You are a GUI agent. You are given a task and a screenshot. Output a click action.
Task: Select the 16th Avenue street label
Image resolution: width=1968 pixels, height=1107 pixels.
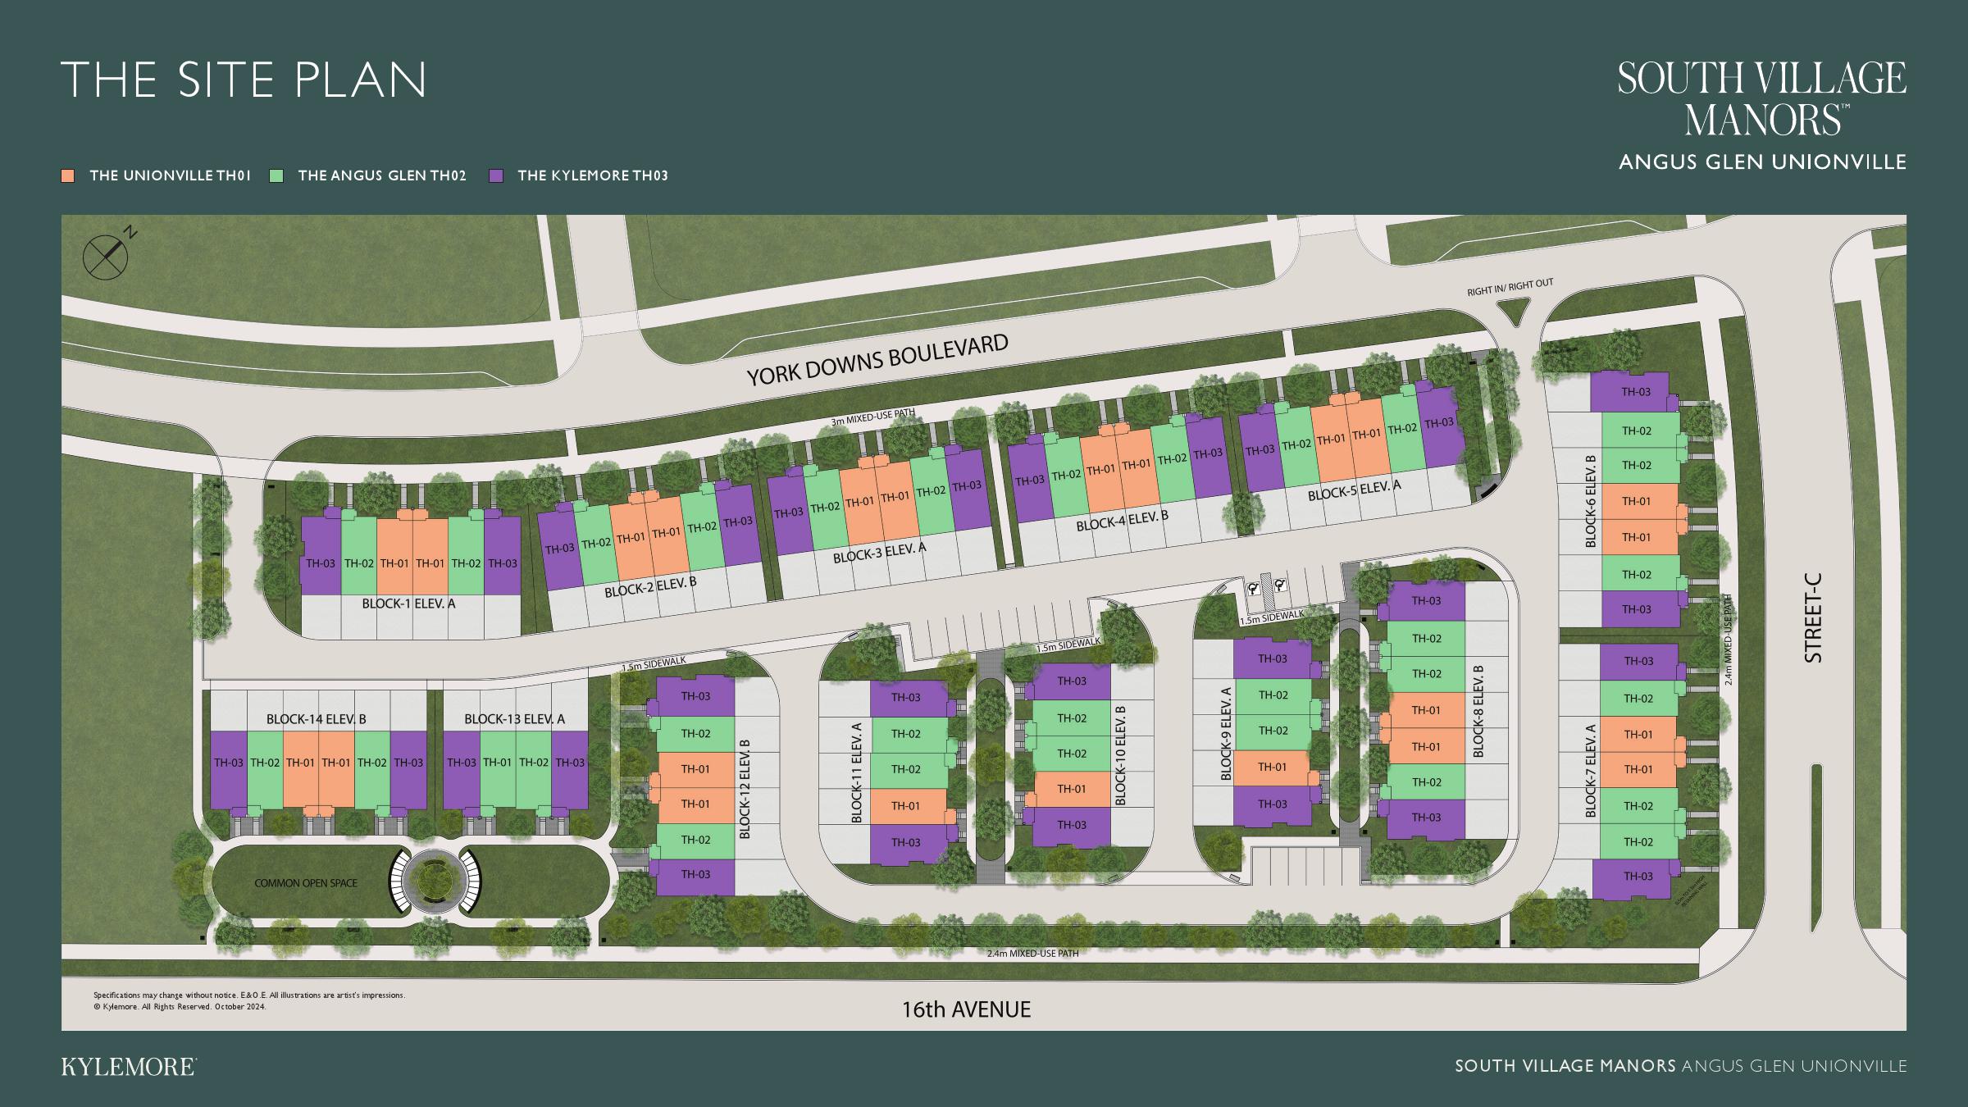966,1009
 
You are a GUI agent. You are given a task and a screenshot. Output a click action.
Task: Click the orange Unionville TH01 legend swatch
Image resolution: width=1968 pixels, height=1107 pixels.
69,175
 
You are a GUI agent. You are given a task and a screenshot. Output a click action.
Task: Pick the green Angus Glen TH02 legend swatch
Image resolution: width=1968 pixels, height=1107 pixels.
277,175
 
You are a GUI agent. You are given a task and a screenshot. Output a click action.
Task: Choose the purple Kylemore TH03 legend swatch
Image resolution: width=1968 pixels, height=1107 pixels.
495,175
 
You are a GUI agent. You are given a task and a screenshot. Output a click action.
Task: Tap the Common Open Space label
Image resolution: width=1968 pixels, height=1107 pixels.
306,883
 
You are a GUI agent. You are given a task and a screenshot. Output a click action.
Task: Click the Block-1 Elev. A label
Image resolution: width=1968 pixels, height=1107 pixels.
408,604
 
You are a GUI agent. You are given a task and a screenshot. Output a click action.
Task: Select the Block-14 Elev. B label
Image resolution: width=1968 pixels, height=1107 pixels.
316,719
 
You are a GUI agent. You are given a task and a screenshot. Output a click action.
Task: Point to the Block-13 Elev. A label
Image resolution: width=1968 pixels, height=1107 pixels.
514,719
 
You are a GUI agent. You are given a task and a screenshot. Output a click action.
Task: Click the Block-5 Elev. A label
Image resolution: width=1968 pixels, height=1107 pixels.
1354,490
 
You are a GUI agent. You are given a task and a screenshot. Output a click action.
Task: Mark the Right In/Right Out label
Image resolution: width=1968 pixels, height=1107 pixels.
1510,287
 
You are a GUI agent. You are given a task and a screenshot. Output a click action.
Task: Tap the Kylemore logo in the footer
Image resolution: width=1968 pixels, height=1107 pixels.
129,1067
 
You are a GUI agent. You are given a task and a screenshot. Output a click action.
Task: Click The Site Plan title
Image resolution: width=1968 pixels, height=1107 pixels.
244,80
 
